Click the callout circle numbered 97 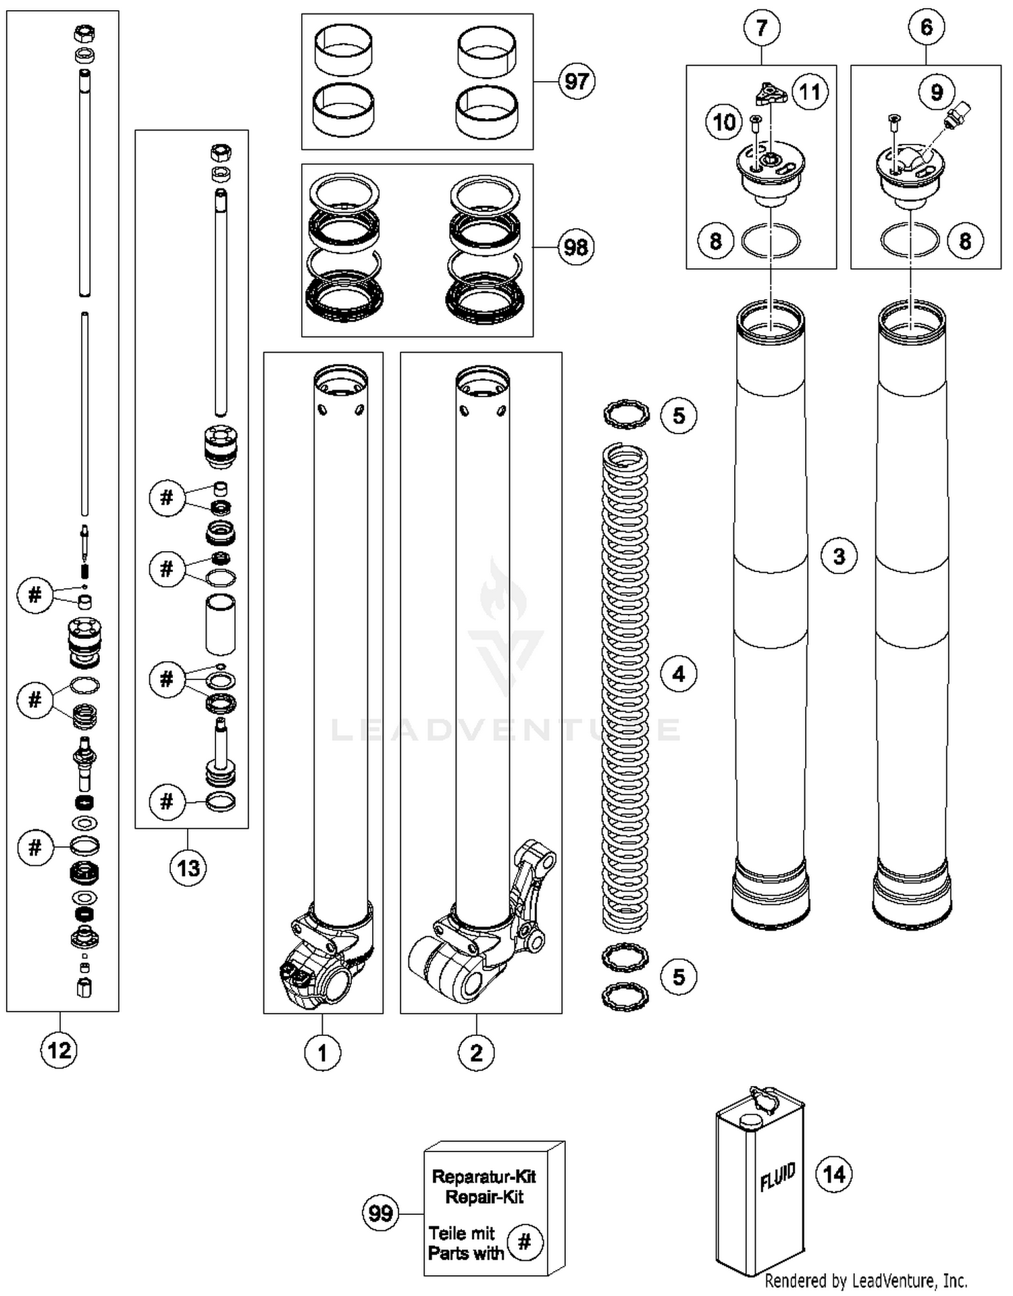click(576, 82)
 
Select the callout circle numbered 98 click(576, 247)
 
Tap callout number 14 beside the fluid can click(834, 1174)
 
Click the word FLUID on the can click(777, 1178)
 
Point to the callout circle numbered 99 click(380, 1213)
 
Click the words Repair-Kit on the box click(484, 1197)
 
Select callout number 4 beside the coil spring click(679, 673)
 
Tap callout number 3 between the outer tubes click(839, 556)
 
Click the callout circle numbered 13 click(188, 867)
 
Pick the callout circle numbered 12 click(59, 1049)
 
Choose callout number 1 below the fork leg click(322, 1052)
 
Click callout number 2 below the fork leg click(476, 1052)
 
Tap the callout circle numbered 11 click(810, 91)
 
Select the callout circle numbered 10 click(724, 122)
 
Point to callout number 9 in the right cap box click(937, 91)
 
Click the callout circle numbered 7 click(762, 28)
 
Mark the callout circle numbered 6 click(927, 28)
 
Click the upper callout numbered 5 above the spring click(679, 415)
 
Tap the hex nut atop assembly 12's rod click(85, 32)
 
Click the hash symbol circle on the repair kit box click(525, 1242)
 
